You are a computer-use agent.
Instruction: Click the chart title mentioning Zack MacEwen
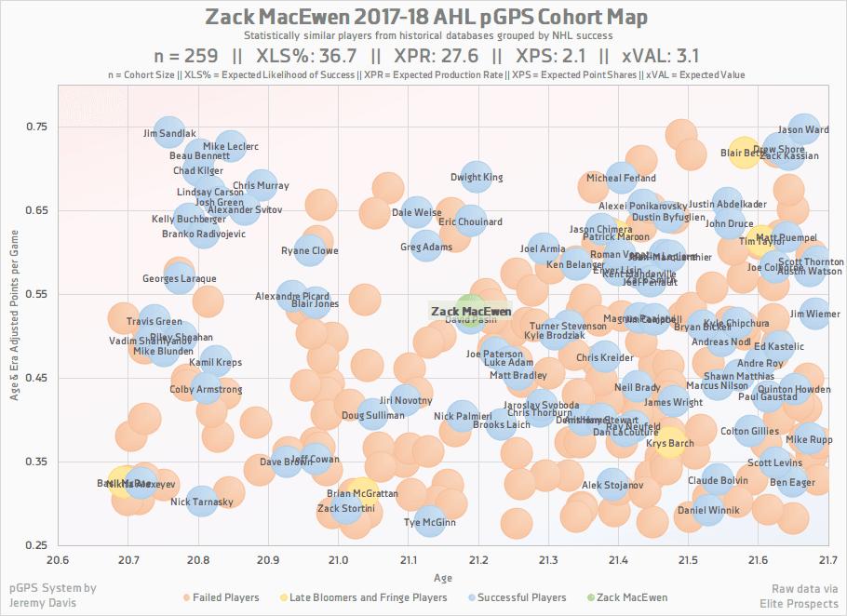(423, 18)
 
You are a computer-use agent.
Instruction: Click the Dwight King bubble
(477, 177)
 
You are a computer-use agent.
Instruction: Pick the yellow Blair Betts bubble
(743, 153)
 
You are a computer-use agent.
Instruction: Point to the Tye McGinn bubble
(429, 522)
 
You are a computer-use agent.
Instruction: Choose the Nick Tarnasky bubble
(202, 502)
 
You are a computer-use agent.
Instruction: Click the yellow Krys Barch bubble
(670, 444)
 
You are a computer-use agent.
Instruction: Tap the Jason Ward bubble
(803, 130)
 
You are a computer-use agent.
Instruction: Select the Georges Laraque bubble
(180, 278)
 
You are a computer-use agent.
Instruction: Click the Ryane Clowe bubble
(310, 250)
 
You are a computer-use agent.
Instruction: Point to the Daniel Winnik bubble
(709, 510)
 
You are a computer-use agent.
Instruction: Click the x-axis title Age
(443, 578)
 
